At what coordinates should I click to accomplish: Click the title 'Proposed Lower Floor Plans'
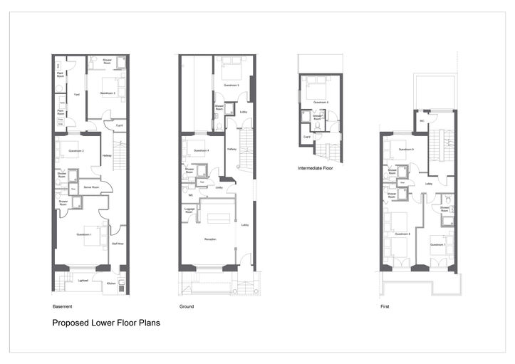click(106, 323)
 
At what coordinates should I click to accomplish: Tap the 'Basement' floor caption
click(62, 306)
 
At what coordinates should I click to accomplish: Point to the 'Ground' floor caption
click(186, 306)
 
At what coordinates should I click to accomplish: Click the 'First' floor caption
click(385, 306)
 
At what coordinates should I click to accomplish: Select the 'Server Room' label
click(90, 187)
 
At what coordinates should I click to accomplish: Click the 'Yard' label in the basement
click(76, 94)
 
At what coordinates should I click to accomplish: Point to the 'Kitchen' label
click(111, 284)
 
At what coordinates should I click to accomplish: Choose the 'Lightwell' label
click(83, 281)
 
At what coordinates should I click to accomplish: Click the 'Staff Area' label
click(118, 244)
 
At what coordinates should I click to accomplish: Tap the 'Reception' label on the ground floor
click(210, 239)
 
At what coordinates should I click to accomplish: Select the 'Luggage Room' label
click(189, 211)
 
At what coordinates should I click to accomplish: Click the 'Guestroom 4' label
click(202, 150)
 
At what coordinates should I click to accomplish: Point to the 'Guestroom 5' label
click(232, 85)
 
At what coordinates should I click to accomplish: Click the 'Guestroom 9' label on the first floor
click(407, 149)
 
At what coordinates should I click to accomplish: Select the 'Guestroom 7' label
click(438, 244)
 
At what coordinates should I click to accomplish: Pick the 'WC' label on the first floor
click(422, 120)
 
